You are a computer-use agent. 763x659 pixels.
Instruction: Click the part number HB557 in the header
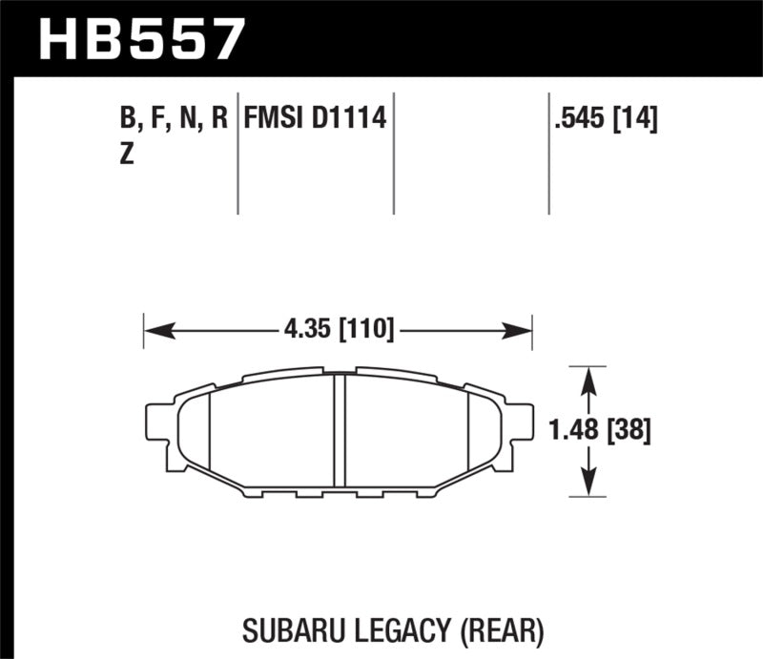tap(141, 38)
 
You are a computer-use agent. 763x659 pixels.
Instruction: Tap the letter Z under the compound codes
tap(126, 156)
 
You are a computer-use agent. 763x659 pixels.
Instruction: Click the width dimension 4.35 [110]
tap(339, 331)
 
